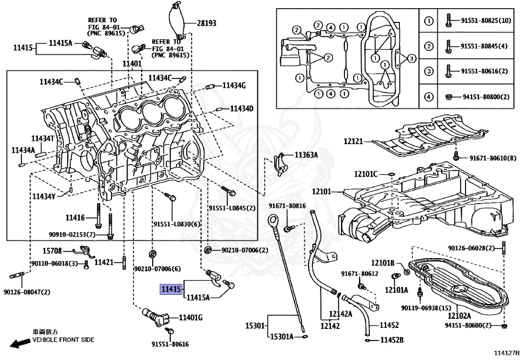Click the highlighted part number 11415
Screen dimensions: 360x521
click(x=171, y=289)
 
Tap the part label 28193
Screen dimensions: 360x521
click(x=207, y=23)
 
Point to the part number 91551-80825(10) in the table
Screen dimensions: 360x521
click(x=485, y=21)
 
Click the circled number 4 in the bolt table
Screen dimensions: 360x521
click(x=428, y=97)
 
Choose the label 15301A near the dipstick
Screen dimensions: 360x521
click(x=281, y=336)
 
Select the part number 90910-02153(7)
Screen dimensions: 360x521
click(x=72, y=234)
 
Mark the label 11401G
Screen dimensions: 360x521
click(x=190, y=318)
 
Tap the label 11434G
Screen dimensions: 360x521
click(x=234, y=86)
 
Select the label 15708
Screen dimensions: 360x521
click(x=52, y=251)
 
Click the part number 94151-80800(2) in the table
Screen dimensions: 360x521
click(x=485, y=97)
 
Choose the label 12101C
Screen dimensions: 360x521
click(x=366, y=174)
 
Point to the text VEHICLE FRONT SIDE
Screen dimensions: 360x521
click(x=64, y=340)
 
